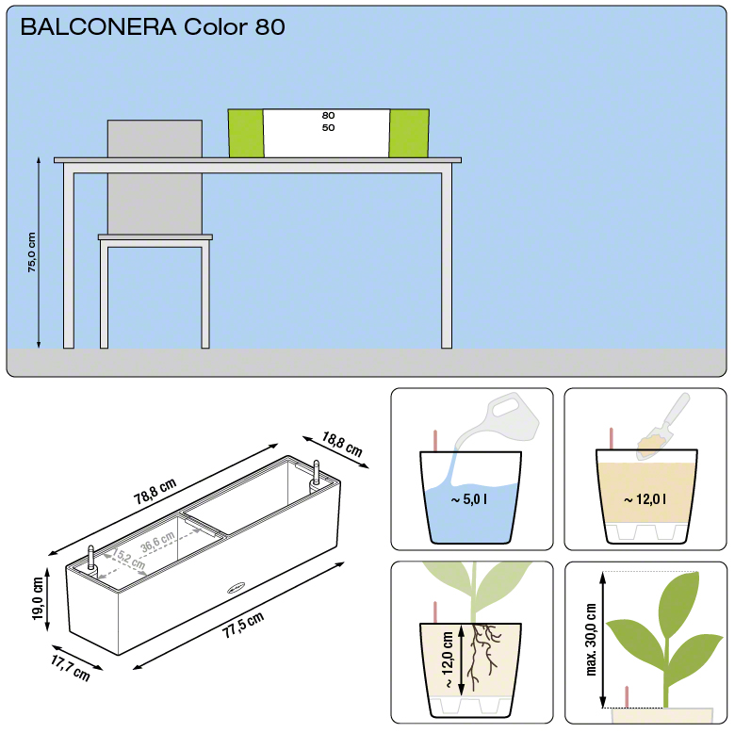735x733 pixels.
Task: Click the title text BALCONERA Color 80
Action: (153, 26)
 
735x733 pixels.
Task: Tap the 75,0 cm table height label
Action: (31, 252)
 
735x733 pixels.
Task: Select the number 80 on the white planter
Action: (328, 115)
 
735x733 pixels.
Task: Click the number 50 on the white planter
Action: (328, 127)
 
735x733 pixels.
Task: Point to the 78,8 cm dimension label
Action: (155, 491)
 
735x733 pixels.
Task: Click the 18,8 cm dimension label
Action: (342, 445)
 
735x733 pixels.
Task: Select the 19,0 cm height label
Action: (38, 598)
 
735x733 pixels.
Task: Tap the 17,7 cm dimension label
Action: (71, 668)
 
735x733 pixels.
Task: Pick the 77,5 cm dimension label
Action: (243, 625)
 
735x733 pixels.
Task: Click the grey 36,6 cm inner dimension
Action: (157, 542)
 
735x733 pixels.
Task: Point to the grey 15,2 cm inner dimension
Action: (128, 558)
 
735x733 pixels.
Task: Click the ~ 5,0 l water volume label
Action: (468, 499)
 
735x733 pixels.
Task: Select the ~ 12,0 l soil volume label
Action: (645, 499)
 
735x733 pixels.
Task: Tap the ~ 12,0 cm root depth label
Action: (448, 660)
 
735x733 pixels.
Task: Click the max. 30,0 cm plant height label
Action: (592, 640)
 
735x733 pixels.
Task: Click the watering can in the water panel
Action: (499, 420)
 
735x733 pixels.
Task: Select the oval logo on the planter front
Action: (236, 588)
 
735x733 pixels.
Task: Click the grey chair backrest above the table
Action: (155, 138)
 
